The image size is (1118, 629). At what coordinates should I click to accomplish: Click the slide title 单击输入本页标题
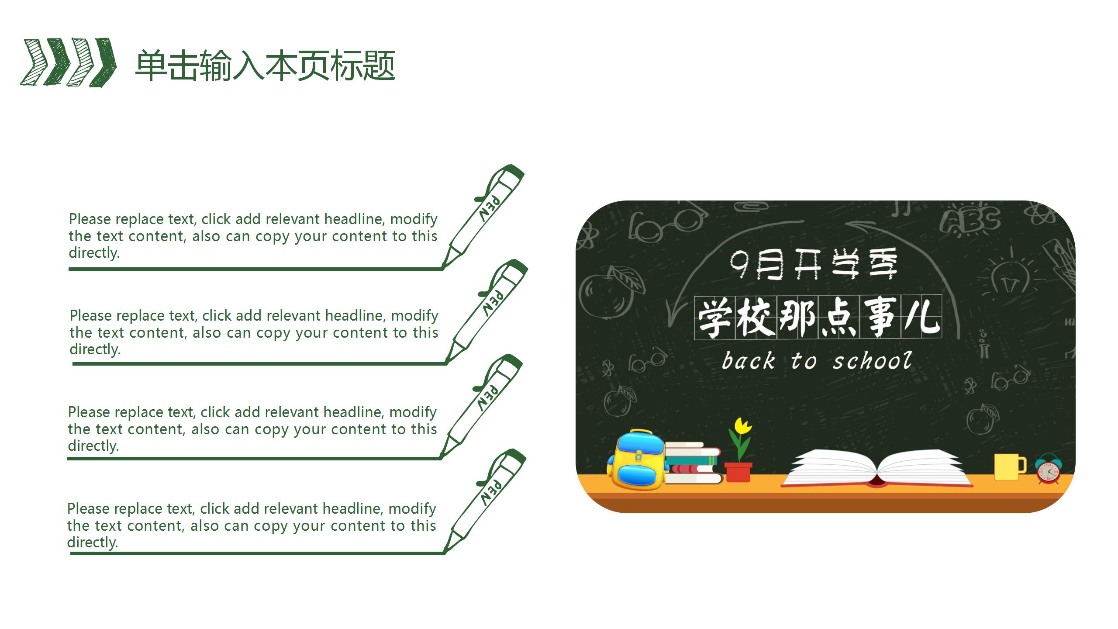click(x=265, y=66)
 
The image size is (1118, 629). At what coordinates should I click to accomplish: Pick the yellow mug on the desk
click(x=1008, y=467)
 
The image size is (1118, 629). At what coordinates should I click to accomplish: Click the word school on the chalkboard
click(x=872, y=361)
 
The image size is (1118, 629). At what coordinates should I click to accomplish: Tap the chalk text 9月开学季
click(x=813, y=263)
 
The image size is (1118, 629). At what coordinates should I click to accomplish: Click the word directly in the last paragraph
click(x=92, y=543)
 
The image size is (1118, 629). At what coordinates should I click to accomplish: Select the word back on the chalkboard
click(x=748, y=361)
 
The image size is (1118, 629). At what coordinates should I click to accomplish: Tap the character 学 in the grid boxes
click(x=714, y=317)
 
